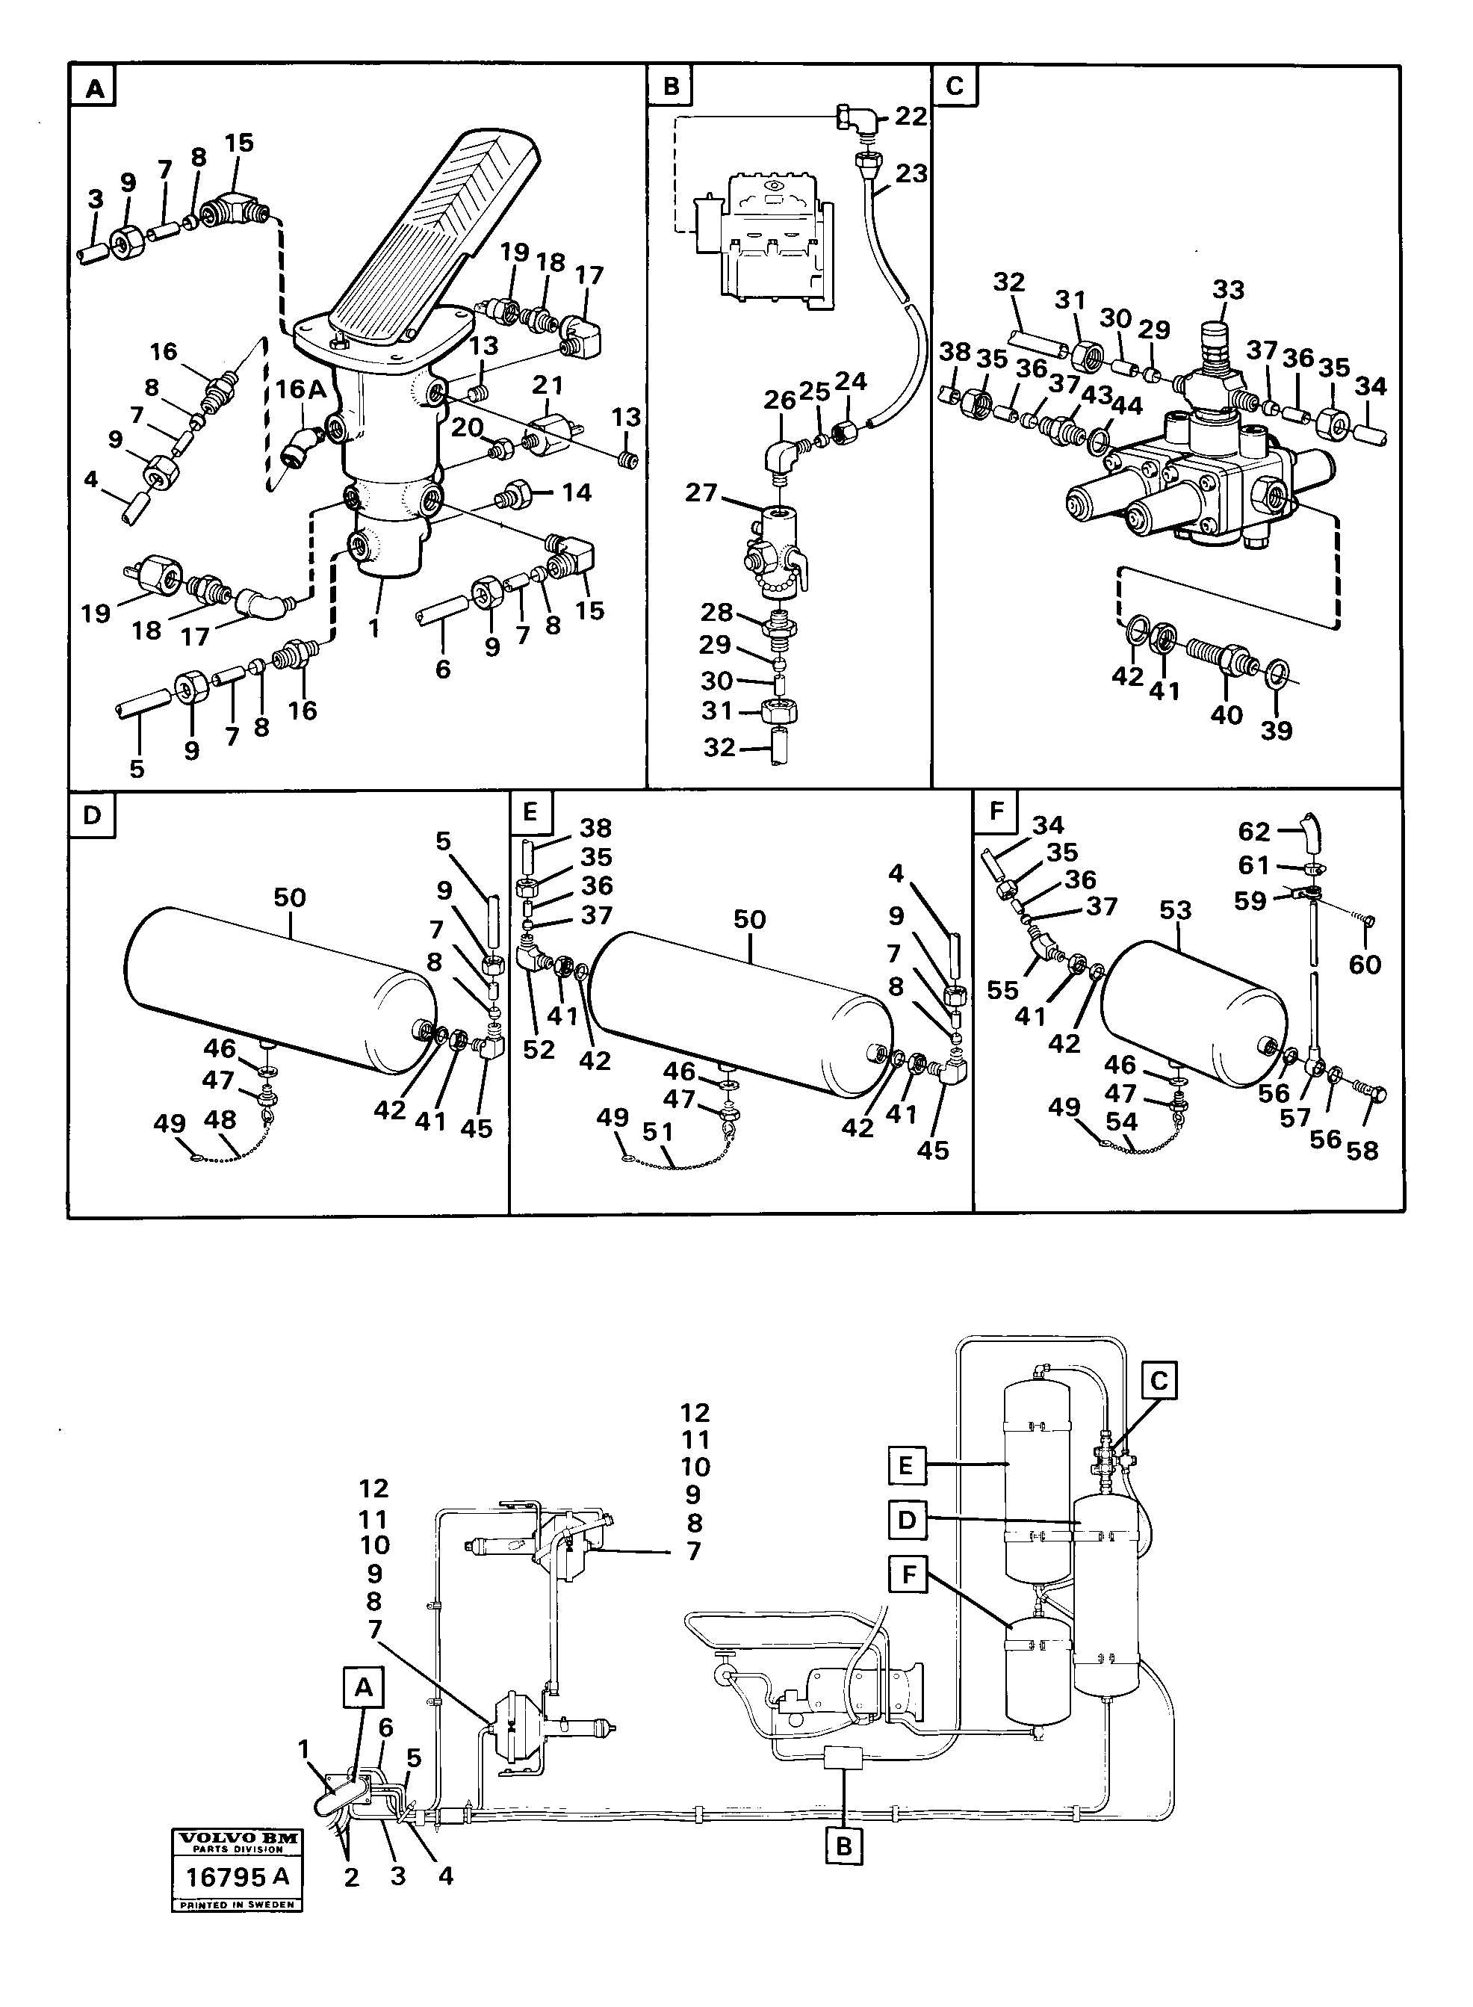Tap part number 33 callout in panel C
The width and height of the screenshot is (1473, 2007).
tap(1228, 290)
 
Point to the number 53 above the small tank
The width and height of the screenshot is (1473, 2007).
tap(1176, 912)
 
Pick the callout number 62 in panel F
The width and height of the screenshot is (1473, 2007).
tap(1253, 832)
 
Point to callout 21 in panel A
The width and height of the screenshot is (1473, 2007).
tap(548, 386)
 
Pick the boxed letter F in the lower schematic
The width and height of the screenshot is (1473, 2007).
tap(908, 1575)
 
